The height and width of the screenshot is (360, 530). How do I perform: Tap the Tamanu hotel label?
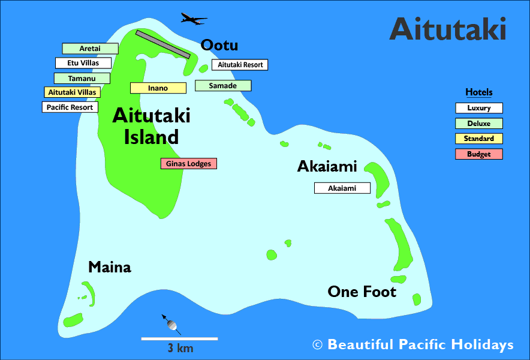82,78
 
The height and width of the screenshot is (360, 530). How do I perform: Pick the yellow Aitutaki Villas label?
72,92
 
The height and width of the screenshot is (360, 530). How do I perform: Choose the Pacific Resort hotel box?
70,107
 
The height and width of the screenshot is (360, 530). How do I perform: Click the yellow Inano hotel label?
158,88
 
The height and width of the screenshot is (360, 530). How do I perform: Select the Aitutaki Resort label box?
240,65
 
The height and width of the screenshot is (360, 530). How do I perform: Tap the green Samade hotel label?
223,86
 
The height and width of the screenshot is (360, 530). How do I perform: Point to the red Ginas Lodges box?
189,163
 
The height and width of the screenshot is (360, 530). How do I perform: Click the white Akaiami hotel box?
342,188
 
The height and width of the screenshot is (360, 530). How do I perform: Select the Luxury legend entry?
479,108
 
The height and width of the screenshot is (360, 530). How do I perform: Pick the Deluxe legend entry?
479,124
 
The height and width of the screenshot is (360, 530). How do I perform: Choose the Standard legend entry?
479,139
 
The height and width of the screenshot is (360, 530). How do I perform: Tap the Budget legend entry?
479,154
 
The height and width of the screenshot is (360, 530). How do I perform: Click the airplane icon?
194,20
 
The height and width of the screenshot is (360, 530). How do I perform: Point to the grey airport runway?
163,44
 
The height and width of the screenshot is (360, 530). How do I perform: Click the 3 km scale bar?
179,339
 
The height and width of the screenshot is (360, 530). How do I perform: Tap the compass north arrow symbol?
171,324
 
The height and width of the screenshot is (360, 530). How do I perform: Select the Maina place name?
110,268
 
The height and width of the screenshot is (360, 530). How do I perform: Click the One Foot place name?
362,292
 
